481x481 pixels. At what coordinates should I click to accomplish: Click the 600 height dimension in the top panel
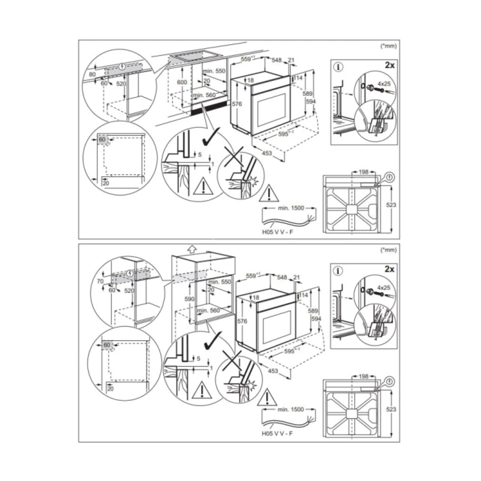(x=182, y=82)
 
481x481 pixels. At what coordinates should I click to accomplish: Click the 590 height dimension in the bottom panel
(x=190, y=299)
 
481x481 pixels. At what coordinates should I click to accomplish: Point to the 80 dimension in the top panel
(x=92, y=74)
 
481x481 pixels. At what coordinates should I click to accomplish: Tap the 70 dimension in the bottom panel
(x=101, y=281)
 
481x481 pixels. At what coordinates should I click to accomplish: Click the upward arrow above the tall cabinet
(x=192, y=249)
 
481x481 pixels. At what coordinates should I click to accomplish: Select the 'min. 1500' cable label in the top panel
(x=291, y=208)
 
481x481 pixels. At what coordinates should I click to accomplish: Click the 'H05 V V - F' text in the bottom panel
(x=278, y=433)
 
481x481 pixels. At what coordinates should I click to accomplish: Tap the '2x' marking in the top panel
(x=390, y=65)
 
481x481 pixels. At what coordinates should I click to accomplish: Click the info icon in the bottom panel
(x=338, y=271)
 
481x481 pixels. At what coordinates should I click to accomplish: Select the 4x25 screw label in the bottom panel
(x=384, y=288)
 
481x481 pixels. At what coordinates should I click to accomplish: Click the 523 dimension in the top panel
(x=391, y=204)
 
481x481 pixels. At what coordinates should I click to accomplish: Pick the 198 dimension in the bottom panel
(x=363, y=376)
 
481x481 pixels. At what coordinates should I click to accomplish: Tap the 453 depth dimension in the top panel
(x=267, y=152)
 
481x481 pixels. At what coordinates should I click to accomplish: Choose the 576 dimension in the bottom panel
(x=242, y=321)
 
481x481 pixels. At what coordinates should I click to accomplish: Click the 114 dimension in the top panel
(x=298, y=77)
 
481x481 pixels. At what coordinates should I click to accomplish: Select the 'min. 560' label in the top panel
(x=204, y=95)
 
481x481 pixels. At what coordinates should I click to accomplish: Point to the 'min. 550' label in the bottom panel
(x=220, y=281)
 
